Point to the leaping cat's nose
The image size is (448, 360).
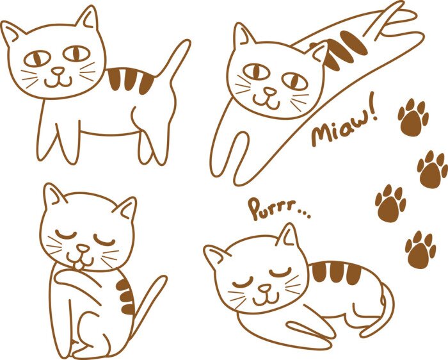click(271, 92)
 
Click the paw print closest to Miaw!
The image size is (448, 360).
click(413, 117)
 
